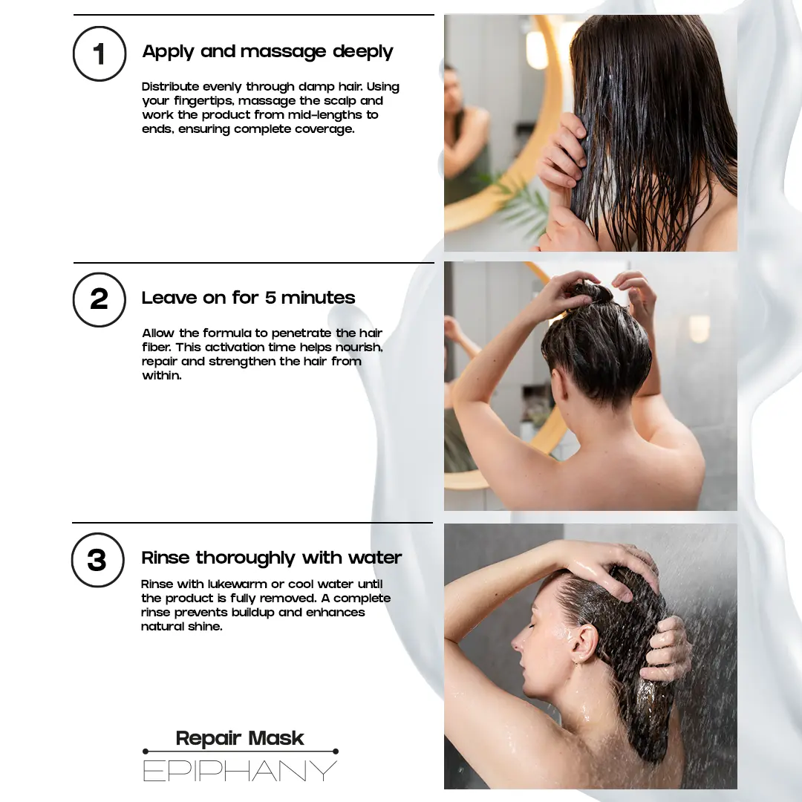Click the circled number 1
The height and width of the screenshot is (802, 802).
100,53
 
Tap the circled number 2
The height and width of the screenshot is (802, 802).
100,300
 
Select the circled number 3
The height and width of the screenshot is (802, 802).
97,560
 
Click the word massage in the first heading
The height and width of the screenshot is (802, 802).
283,52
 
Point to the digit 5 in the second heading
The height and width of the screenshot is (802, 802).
270,298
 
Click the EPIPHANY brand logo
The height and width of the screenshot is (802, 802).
240,771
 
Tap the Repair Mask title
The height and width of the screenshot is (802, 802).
239,738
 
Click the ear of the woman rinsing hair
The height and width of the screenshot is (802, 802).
584,645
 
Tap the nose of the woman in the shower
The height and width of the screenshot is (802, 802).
517,642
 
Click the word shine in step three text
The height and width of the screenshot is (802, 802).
206,626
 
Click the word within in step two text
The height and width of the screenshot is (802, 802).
162,376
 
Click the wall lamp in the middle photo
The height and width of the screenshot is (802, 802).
699,328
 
